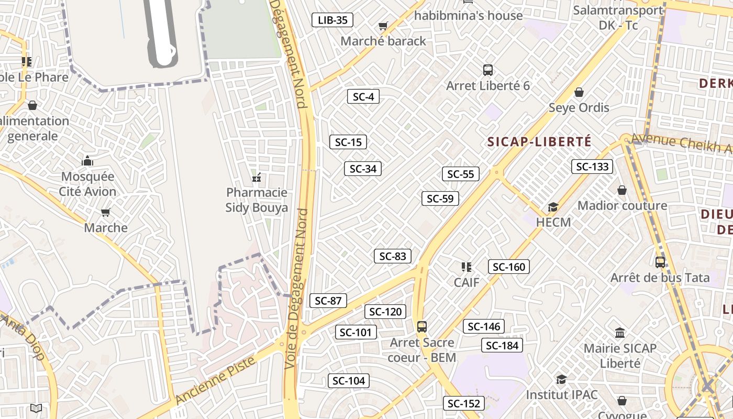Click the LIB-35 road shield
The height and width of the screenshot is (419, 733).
click(332, 20)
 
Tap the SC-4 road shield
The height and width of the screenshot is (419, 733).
click(363, 96)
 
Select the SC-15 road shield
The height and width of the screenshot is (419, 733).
click(348, 142)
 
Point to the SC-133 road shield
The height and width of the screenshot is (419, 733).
click(592, 167)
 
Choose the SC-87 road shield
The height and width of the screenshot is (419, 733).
click(328, 301)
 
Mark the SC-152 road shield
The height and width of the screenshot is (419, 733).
click(464, 403)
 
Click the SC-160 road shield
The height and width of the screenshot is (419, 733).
click(509, 267)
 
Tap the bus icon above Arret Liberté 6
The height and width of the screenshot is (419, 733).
click(488, 70)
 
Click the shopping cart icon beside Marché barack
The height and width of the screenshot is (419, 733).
click(383, 26)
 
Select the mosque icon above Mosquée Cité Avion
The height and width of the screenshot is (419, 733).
click(87, 160)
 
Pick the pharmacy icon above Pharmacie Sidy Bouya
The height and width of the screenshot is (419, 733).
click(257, 177)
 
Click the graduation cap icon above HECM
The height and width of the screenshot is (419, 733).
click(553, 207)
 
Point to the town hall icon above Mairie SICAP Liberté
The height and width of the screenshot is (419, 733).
click(620, 333)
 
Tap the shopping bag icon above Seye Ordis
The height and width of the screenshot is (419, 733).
click(579, 92)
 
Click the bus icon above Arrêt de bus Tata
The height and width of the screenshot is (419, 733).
click(660, 262)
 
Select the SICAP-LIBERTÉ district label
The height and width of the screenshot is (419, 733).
click(539, 141)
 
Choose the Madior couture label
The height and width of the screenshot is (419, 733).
click(622, 205)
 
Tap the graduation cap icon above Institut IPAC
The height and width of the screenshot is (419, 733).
click(561, 379)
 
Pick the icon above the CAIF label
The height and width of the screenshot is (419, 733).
click(467, 267)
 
